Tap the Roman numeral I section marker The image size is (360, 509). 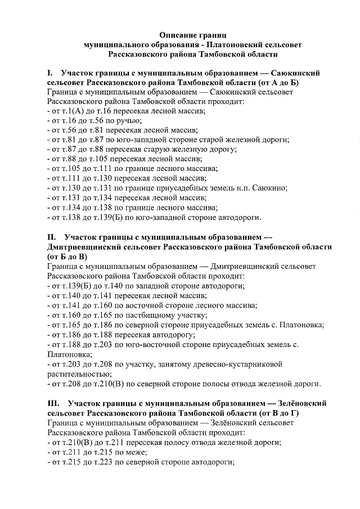(50, 73)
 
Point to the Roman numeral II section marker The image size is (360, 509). (52, 238)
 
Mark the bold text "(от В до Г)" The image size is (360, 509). (286, 412)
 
